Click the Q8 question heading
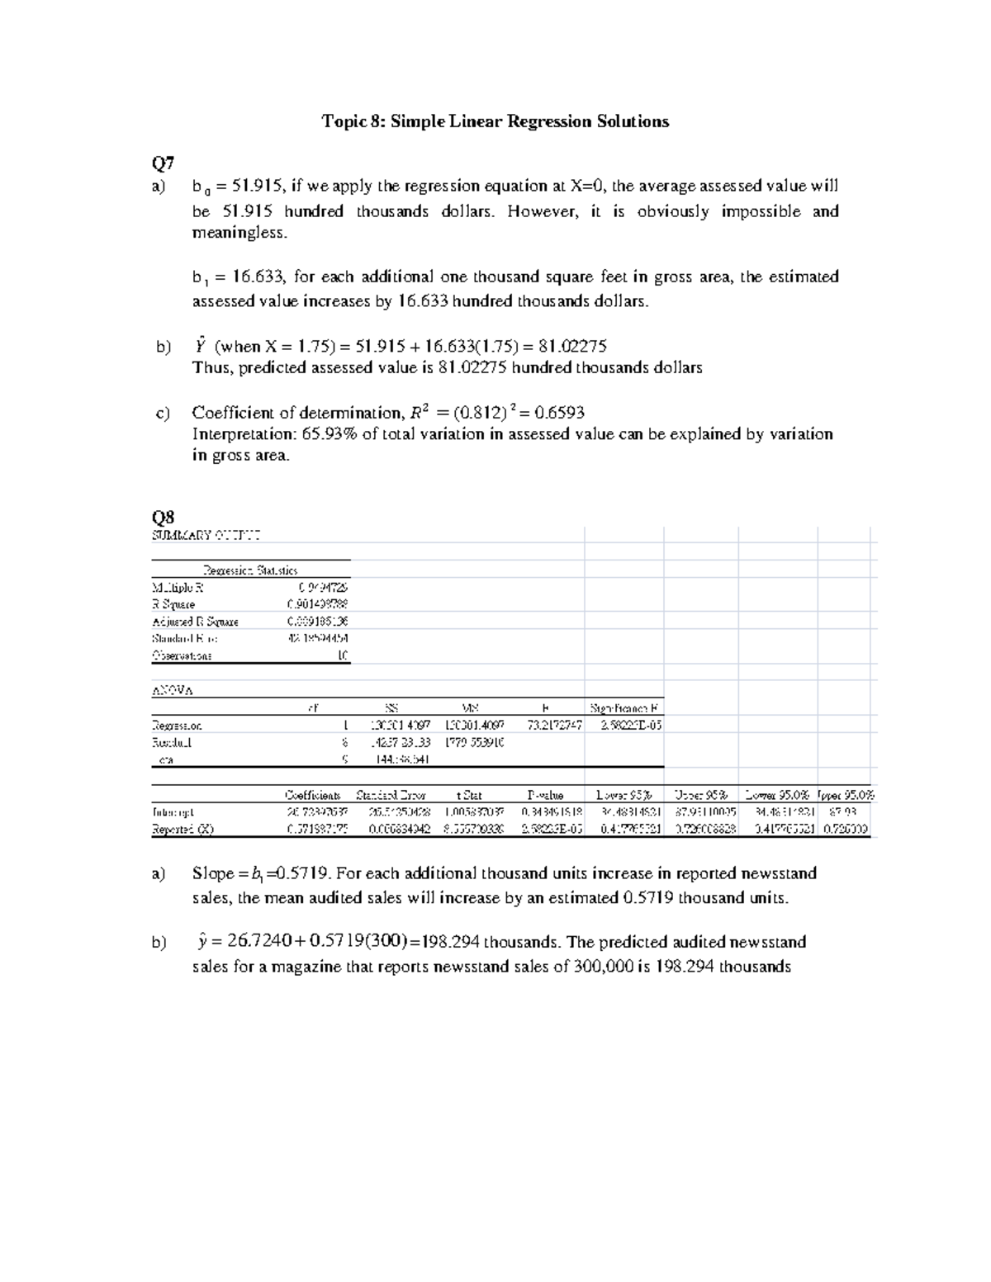coord(163,518)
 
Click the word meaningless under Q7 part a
coord(239,233)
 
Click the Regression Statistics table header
coord(250,570)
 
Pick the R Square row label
coord(173,604)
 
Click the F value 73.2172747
coord(554,725)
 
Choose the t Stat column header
coord(469,796)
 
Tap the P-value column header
coord(545,796)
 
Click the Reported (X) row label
coord(183,830)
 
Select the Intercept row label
coord(173,812)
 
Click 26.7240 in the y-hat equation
coord(255,943)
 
